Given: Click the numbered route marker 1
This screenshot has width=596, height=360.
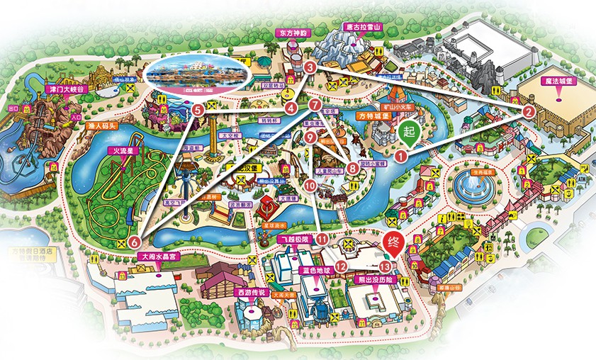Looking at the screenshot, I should pyautogui.click(x=400, y=157).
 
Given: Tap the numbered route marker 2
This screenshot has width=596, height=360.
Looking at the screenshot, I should pyautogui.click(x=529, y=111).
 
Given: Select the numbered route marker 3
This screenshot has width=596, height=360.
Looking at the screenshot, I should pyautogui.click(x=310, y=67).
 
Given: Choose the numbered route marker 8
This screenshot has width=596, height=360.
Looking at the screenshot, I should pyautogui.click(x=353, y=168).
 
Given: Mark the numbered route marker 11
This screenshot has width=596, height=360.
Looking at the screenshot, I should pyautogui.click(x=322, y=239).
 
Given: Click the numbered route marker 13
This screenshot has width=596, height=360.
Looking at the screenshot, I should pyautogui.click(x=385, y=266).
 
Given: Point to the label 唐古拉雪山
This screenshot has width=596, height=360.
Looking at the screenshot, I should pyautogui.click(x=362, y=26).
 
